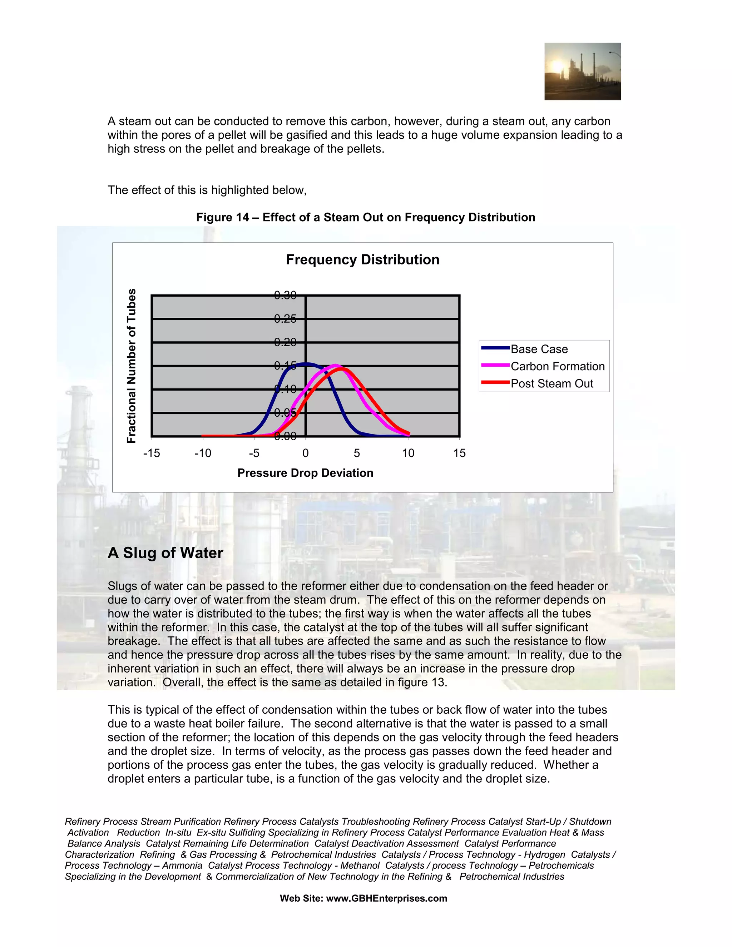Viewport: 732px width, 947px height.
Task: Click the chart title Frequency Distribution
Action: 362,260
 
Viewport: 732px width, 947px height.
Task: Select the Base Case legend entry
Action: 539,349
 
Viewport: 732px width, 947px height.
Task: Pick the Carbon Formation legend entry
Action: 557,366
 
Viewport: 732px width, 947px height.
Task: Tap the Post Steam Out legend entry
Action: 552,384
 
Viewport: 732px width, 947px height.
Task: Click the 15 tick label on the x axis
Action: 459,453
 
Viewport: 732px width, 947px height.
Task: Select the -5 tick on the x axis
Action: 254,453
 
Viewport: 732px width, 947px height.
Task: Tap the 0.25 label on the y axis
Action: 285,319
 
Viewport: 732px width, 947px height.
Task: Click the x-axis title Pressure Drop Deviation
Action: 305,473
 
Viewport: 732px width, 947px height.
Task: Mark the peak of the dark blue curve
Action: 305,364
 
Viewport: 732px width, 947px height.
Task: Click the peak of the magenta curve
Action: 335,366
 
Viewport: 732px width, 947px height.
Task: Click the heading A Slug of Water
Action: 165,553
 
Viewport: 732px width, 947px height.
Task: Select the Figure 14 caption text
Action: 366,217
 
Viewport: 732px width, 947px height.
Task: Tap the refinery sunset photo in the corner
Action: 582,71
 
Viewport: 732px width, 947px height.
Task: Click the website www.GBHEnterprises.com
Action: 386,898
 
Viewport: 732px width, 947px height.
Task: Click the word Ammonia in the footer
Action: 182,866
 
